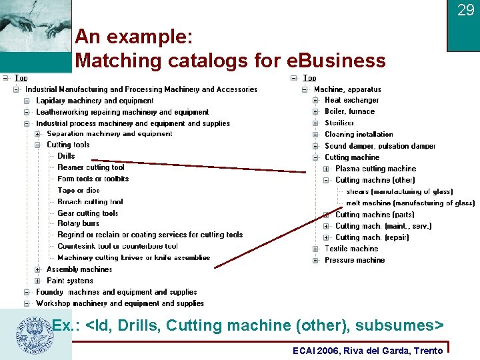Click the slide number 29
click(x=465, y=10)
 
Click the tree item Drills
click(x=66, y=156)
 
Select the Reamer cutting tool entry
click(x=91, y=167)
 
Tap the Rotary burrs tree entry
click(x=78, y=223)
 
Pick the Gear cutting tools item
click(x=87, y=213)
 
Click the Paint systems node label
click(x=70, y=281)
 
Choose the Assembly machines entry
click(x=79, y=269)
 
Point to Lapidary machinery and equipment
click(x=95, y=101)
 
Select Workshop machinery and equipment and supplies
click(x=120, y=303)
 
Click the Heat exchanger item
click(x=351, y=100)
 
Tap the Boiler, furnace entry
click(x=349, y=111)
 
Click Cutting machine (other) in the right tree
click(x=375, y=180)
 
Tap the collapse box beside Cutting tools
click(x=37, y=145)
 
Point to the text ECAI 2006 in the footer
click(x=316, y=351)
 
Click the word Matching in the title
click(x=117, y=61)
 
